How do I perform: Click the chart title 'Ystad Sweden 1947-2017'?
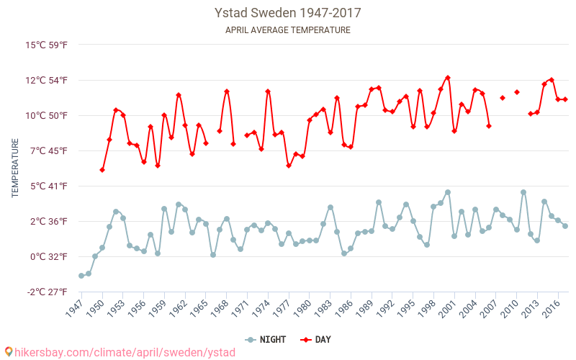[288, 13]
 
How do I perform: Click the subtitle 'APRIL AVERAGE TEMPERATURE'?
[288, 30]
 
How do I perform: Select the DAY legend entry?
[316, 339]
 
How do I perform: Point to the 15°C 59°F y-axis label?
[47, 45]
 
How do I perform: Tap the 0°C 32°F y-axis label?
[48, 256]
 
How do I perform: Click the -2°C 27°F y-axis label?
[48, 292]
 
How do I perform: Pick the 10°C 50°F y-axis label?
[47, 115]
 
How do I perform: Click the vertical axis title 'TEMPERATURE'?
[15, 168]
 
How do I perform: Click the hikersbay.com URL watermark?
[119, 352]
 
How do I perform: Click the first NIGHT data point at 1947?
[81, 276]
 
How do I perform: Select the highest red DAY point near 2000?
[448, 78]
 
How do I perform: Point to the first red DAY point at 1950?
[102, 170]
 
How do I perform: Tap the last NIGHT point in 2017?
[565, 226]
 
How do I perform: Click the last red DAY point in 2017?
[565, 99]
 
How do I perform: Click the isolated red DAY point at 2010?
[517, 92]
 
